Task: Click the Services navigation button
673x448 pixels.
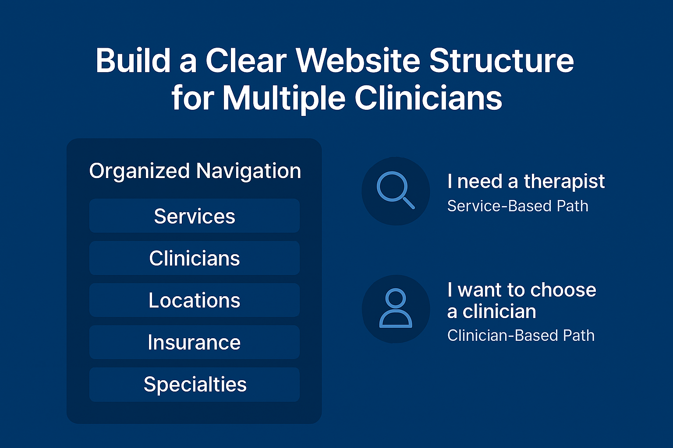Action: pyautogui.click(x=195, y=216)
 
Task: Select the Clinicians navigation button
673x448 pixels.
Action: pyautogui.click(x=195, y=258)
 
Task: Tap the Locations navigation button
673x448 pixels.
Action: pyautogui.click(x=195, y=300)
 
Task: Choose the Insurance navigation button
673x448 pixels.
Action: pyautogui.click(x=195, y=342)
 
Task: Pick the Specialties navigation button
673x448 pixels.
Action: pyautogui.click(x=195, y=385)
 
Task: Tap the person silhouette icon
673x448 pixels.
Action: pyautogui.click(x=396, y=308)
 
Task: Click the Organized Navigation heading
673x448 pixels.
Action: pyautogui.click(x=195, y=171)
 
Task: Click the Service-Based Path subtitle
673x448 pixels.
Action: pyautogui.click(x=517, y=206)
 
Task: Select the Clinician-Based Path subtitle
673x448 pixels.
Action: pyautogui.click(x=521, y=336)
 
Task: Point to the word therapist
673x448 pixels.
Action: pyautogui.click(x=564, y=182)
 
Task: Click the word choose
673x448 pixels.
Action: pyautogui.click(x=563, y=290)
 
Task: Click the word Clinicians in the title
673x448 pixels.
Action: pyautogui.click(x=428, y=98)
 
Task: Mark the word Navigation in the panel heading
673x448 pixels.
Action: pyautogui.click(x=248, y=171)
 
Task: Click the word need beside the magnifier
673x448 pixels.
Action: pyautogui.click(x=479, y=182)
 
